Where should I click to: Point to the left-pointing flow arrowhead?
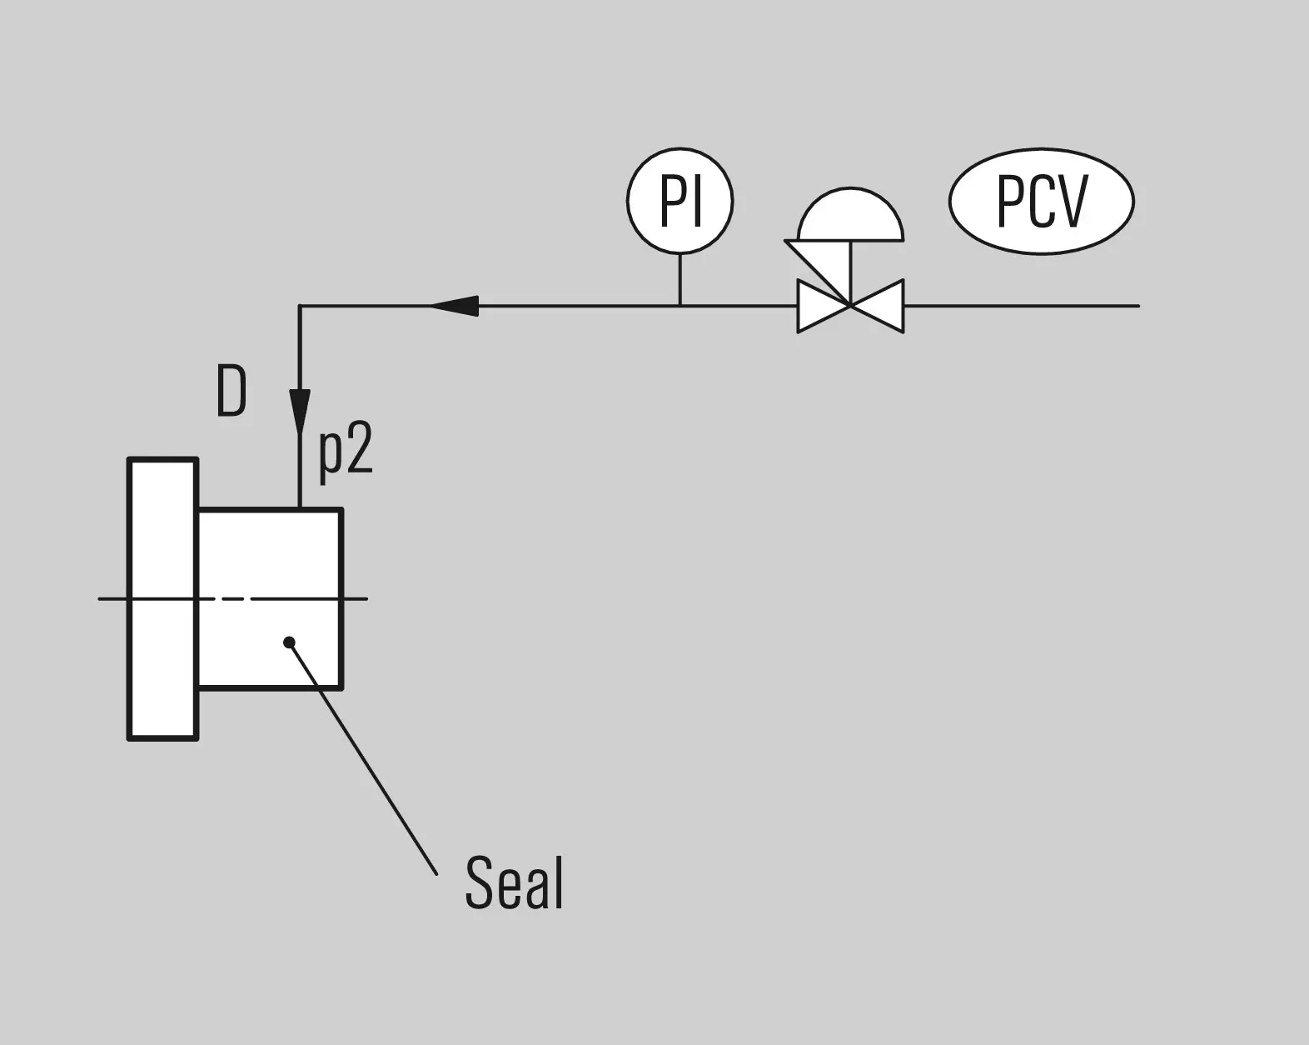(x=455, y=306)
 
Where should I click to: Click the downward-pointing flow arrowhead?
(x=299, y=412)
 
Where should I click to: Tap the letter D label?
(x=231, y=391)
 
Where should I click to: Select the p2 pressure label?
(x=345, y=453)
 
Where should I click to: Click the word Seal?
(x=514, y=883)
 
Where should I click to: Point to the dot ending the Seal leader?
(x=290, y=642)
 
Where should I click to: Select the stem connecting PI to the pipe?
(x=680, y=279)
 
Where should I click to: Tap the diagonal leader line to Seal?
(x=363, y=759)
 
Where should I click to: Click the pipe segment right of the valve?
(x=1022, y=306)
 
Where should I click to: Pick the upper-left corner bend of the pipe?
(x=299, y=306)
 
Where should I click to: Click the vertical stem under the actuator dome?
(x=850, y=272)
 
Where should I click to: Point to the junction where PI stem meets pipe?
(x=680, y=306)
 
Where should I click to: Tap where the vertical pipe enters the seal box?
(x=299, y=508)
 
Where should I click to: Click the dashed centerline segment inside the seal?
(x=233, y=599)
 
